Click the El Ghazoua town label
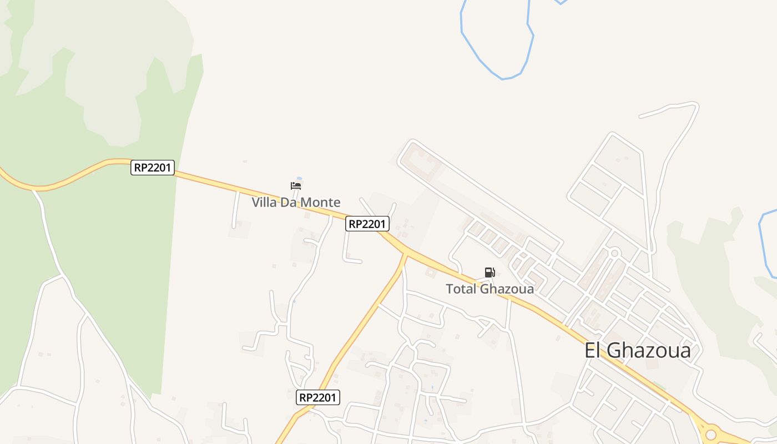pos(638,351)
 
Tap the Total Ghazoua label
pos(490,289)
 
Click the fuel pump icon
pos(490,273)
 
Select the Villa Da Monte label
pos(296,203)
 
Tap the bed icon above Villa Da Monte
pos(296,185)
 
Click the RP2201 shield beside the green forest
pos(153,168)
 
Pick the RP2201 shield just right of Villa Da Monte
pos(367,224)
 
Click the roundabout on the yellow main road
pos(711,432)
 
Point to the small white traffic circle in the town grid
pos(614,253)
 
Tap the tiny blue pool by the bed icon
pos(299,178)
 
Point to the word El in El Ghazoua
pos(593,351)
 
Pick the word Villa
pos(264,203)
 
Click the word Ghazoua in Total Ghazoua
pos(507,289)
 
